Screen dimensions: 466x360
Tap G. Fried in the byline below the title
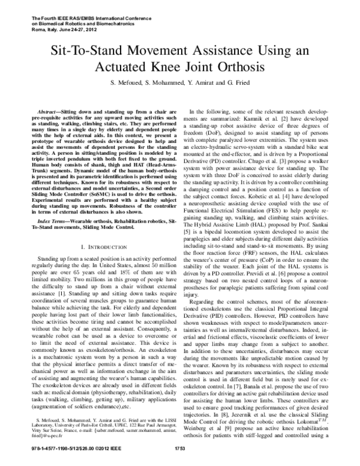point(239,82)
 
